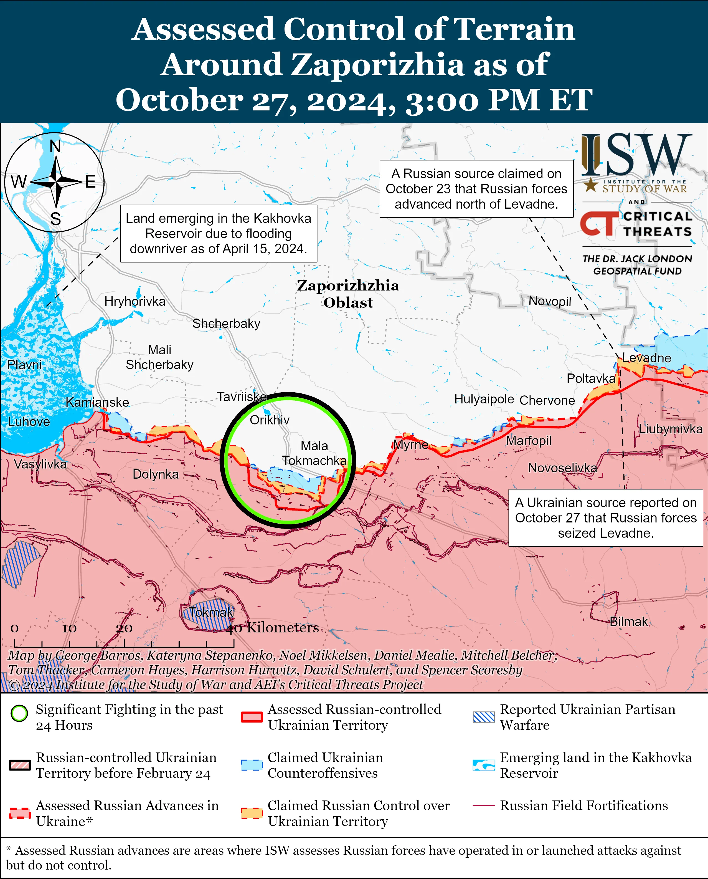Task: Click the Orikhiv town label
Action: (x=270, y=420)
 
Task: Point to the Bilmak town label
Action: (x=628, y=622)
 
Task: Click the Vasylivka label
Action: (x=40, y=464)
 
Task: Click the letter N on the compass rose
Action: (x=55, y=146)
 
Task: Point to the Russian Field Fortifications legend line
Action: (x=484, y=805)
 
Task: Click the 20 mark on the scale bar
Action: (x=124, y=628)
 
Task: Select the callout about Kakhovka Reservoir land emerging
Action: (x=219, y=233)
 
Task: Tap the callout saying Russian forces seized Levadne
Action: (x=606, y=517)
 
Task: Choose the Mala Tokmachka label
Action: (x=314, y=453)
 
